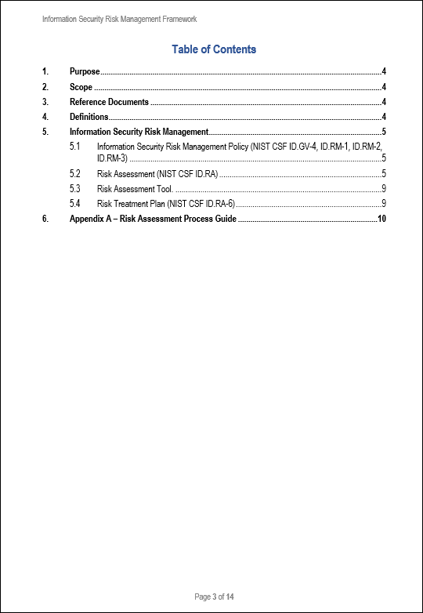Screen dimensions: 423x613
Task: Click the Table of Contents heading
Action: (x=214, y=50)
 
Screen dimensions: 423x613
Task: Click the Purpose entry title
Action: (x=85, y=72)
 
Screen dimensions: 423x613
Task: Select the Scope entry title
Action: (x=81, y=87)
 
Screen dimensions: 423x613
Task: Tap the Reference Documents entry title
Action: (x=109, y=102)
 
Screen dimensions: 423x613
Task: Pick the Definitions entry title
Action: (x=89, y=117)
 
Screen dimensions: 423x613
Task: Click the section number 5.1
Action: (x=75, y=147)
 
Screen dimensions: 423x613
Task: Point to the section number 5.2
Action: (x=75, y=173)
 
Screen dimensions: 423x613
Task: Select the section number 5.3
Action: (x=75, y=188)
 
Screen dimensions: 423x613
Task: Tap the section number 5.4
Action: (x=75, y=203)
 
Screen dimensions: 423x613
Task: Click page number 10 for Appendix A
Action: (x=381, y=218)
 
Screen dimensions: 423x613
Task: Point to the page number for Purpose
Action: (x=383, y=72)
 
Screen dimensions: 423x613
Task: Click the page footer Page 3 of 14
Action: (x=214, y=597)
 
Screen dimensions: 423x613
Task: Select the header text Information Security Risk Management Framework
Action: (x=119, y=19)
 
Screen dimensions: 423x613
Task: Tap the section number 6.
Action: (x=45, y=218)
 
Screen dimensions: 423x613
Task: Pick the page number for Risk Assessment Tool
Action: (x=383, y=188)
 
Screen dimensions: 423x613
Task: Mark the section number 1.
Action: (x=45, y=72)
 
